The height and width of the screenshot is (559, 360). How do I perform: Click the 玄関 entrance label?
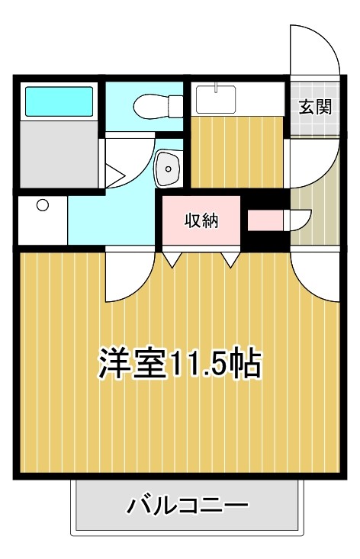coord(314,106)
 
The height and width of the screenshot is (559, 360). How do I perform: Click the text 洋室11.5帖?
coord(179,365)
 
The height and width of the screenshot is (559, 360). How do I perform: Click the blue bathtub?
coord(59,99)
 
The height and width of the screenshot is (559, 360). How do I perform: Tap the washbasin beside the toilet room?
coord(166,167)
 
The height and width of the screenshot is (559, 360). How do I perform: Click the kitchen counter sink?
coord(217,98)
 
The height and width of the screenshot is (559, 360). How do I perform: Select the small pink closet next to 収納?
coord(264,220)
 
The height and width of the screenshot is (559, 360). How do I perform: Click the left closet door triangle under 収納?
coord(170,259)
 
